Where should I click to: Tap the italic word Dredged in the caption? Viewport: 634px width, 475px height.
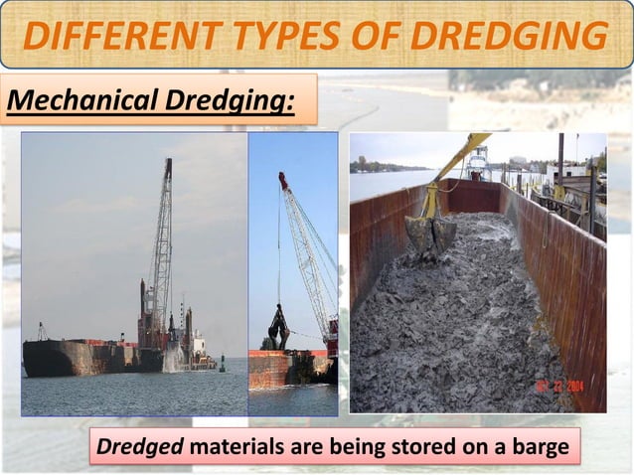(x=140, y=448)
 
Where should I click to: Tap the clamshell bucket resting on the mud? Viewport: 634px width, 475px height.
(x=429, y=236)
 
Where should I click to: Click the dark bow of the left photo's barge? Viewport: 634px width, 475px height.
(x=45, y=358)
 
